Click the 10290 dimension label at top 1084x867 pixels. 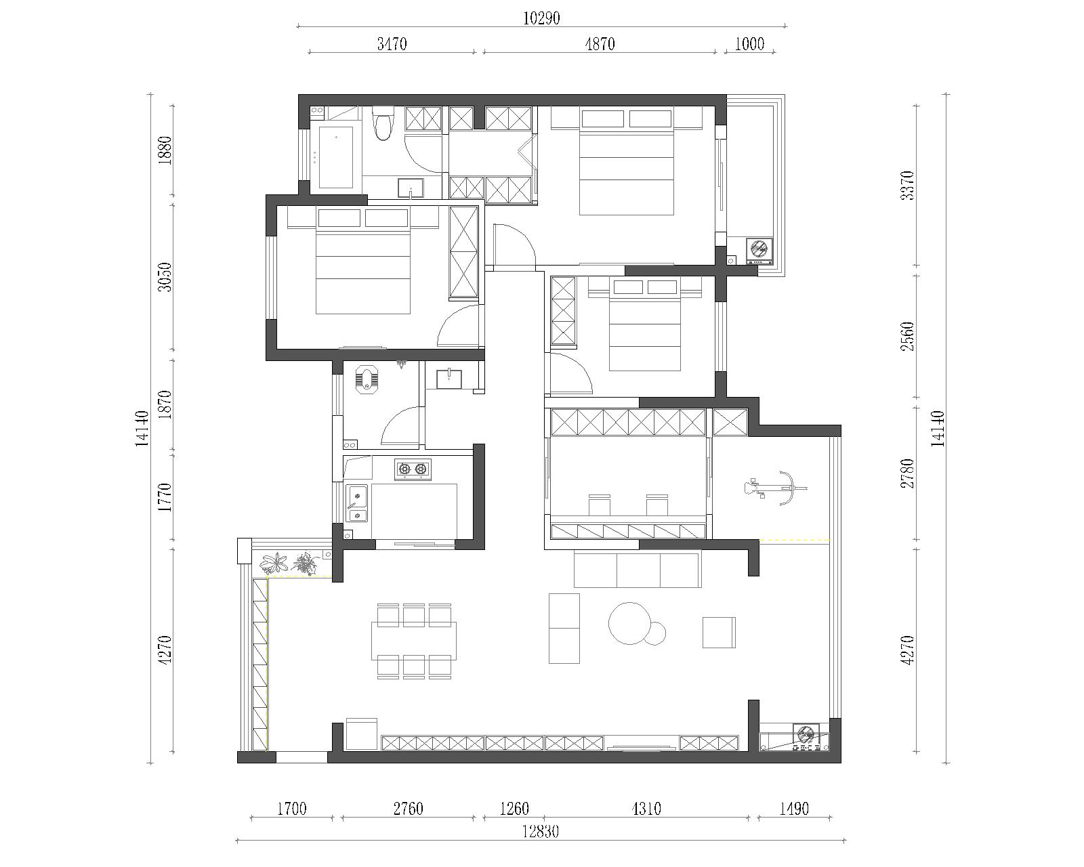click(x=541, y=19)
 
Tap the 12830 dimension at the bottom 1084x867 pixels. click(x=541, y=831)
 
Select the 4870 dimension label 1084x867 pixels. click(x=600, y=44)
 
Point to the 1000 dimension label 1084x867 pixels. click(x=749, y=44)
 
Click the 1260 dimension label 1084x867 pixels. click(x=514, y=809)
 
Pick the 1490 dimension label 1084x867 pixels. click(x=794, y=809)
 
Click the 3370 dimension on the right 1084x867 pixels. click(x=907, y=186)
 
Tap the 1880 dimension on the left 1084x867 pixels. click(x=165, y=150)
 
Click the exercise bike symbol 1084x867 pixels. click(x=775, y=488)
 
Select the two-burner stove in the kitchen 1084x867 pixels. click(x=413, y=469)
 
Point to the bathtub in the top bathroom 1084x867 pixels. click(x=336, y=157)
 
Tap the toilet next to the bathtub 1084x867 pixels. click(x=383, y=123)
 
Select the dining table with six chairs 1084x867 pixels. click(x=414, y=641)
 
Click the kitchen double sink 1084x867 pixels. click(x=357, y=503)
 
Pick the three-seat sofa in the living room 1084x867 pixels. click(x=638, y=569)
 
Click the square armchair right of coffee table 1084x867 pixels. click(x=719, y=632)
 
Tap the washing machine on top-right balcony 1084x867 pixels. click(x=759, y=251)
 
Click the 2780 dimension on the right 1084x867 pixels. click(x=907, y=473)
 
